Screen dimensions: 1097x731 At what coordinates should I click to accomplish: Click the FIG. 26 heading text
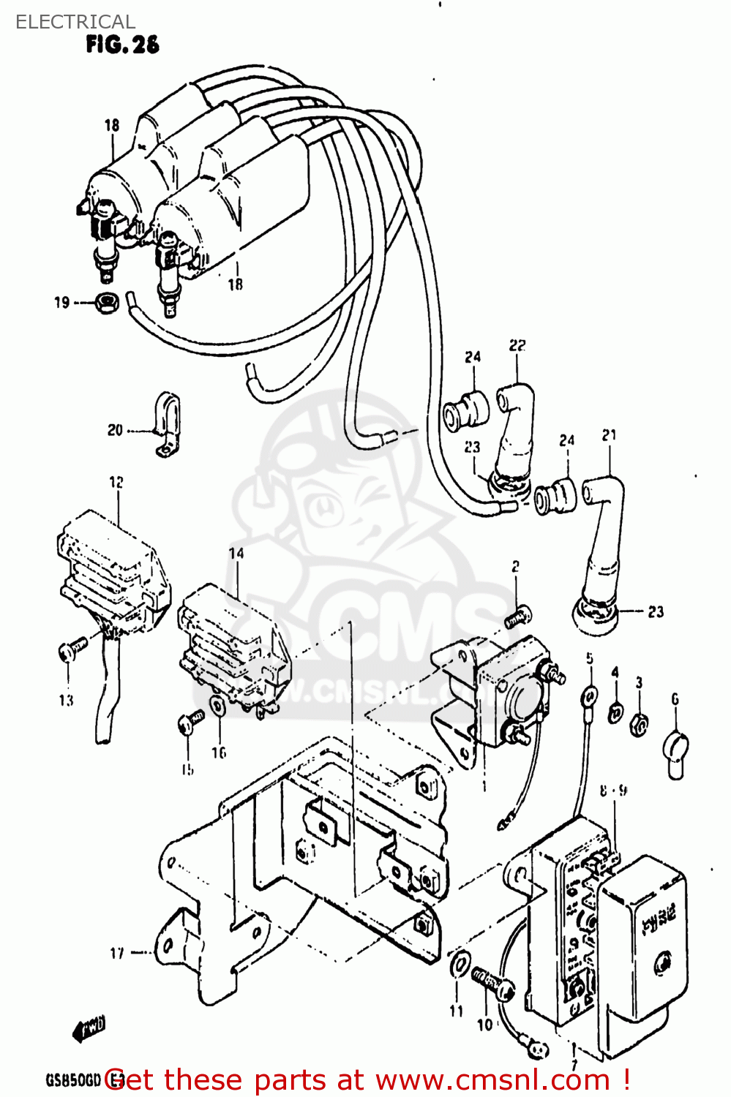click(x=122, y=45)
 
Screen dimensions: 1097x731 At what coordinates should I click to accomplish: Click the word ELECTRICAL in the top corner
click(x=75, y=22)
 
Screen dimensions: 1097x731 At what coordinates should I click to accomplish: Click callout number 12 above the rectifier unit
click(x=116, y=482)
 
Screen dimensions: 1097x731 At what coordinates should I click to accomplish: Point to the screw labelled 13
click(x=71, y=648)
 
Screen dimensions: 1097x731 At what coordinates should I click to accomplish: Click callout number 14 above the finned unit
click(x=236, y=553)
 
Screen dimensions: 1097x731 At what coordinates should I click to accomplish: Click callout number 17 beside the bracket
click(x=116, y=953)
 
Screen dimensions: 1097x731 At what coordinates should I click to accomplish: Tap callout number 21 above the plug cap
click(x=609, y=435)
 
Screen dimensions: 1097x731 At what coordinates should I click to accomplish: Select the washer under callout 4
click(x=616, y=709)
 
